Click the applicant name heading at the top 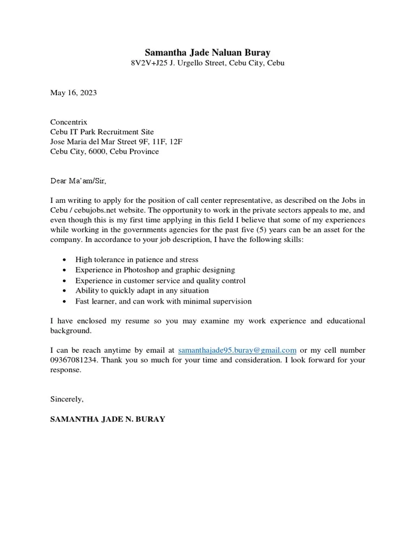click(207, 52)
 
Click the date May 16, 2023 click(74, 93)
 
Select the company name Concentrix click(69, 122)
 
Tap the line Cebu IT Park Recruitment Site click(102, 132)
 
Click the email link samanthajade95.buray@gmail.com click(237, 351)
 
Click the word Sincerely click(67, 399)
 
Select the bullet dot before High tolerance click(65, 260)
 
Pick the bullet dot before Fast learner click(65, 301)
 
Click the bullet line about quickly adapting click(142, 291)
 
